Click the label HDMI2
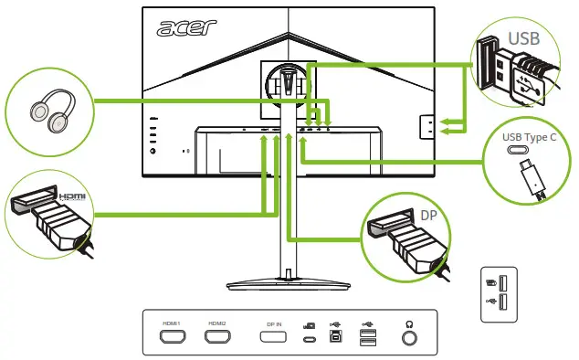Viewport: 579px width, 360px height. (216, 323)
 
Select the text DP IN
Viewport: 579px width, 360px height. (275, 323)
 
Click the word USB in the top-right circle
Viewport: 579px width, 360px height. (524, 38)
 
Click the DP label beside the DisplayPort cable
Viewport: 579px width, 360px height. (431, 216)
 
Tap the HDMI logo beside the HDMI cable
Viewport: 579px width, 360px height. (70, 196)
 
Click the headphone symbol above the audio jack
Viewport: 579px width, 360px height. (409, 322)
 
